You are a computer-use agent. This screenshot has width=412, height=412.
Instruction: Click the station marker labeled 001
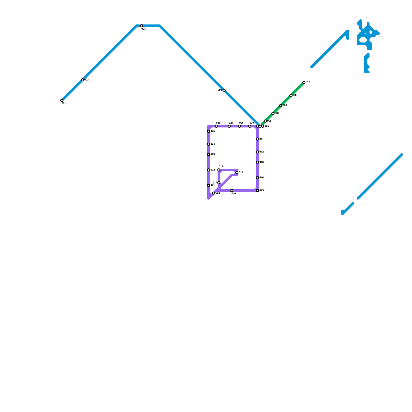(x=62, y=100)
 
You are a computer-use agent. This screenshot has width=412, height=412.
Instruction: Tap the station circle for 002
(x=82, y=80)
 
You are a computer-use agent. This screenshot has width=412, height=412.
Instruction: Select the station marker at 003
(x=142, y=26)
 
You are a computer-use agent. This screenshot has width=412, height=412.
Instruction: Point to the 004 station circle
(x=224, y=90)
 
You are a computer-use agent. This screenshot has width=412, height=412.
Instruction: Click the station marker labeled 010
(x=304, y=82)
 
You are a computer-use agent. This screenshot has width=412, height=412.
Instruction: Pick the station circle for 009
(x=291, y=95)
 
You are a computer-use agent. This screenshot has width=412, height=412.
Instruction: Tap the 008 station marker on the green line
(x=281, y=106)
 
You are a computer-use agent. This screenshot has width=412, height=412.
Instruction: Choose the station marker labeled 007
(x=273, y=113)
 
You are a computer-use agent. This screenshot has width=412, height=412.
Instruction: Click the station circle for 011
(x=257, y=139)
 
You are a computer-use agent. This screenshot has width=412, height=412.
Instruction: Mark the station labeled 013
(x=257, y=162)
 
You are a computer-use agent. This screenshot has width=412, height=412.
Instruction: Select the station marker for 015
(x=257, y=191)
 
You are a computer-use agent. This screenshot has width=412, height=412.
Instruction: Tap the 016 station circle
(x=232, y=191)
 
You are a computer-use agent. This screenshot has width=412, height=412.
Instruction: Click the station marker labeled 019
(x=237, y=173)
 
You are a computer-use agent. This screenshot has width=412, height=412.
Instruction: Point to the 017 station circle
(x=219, y=183)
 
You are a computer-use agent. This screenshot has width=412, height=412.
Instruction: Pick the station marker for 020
(x=214, y=193)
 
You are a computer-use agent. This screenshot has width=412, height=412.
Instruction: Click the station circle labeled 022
(x=209, y=170)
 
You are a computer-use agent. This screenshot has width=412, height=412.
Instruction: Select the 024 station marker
(x=209, y=144)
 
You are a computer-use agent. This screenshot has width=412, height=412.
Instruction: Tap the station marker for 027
(x=229, y=126)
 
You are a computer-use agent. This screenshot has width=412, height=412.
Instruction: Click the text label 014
(x=262, y=178)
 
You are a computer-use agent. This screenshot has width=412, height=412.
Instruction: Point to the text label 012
(x=262, y=152)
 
